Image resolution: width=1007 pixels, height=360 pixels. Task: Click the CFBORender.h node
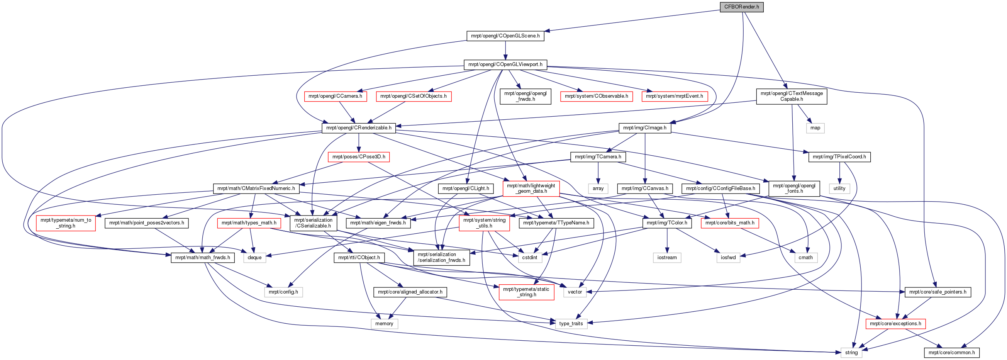[x=742, y=7]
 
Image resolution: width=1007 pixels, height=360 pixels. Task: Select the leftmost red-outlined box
[x=66, y=223]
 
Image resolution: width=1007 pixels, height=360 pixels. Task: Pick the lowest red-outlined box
[x=895, y=324]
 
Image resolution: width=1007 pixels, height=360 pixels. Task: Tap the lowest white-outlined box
[x=851, y=353]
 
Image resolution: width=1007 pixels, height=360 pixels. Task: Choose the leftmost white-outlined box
[x=254, y=258]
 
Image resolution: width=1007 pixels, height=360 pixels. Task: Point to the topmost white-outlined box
[x=815, y=128]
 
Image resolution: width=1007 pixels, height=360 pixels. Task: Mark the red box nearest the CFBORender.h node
[x=675, y=97]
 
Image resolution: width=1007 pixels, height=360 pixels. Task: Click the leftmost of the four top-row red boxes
[x=336, y=97]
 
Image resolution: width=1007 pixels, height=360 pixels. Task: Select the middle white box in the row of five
[x=667, y=258]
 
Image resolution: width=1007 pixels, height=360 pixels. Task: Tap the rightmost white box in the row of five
[x=806, y=258]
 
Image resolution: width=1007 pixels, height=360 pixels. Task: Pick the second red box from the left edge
[x=249, y=223]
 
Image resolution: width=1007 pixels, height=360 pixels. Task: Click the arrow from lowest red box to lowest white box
[x=874, y=338]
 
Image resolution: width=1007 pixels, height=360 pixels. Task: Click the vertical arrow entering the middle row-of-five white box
[x=667, y=240]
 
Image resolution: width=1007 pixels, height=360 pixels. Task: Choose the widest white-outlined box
[x=283, y=292]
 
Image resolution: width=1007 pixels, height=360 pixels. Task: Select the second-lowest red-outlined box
[x=527, y=292]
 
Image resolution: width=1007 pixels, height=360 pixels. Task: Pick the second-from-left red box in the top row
[x=414, y=97]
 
